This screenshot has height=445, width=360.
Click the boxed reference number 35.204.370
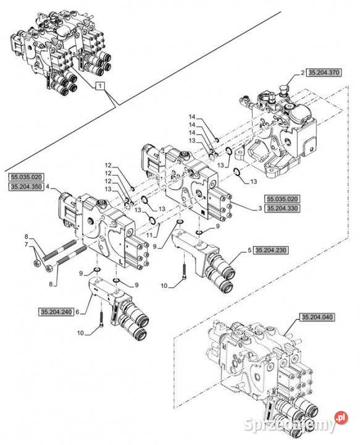tap(324, 73)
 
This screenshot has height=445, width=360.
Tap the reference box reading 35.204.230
tap(270, 250)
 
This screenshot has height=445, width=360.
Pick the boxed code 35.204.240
tap(56, 312)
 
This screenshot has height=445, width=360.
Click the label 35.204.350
tap(27, 187)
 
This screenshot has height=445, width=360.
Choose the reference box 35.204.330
tap(282, 208)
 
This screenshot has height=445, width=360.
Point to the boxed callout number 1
tap(101, 86)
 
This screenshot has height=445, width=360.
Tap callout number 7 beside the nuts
tap(26, 244)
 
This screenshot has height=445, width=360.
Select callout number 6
tap(77, 312)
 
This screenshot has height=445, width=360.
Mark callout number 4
tap(48, 187)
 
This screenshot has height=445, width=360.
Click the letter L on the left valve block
tap(121, 261)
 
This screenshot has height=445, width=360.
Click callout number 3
tap(260, 209)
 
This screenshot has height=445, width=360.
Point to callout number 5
tap(249, 250)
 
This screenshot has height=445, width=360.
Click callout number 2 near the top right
tap(303, 73)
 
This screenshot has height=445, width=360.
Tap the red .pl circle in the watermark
tap(341, 417)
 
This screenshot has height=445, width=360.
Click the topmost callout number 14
tap(192, 117)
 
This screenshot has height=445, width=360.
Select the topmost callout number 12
tap(108, 165)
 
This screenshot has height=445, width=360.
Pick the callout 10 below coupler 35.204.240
tap(80, 333)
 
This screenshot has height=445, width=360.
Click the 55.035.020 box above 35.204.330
tap(282, 198)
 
